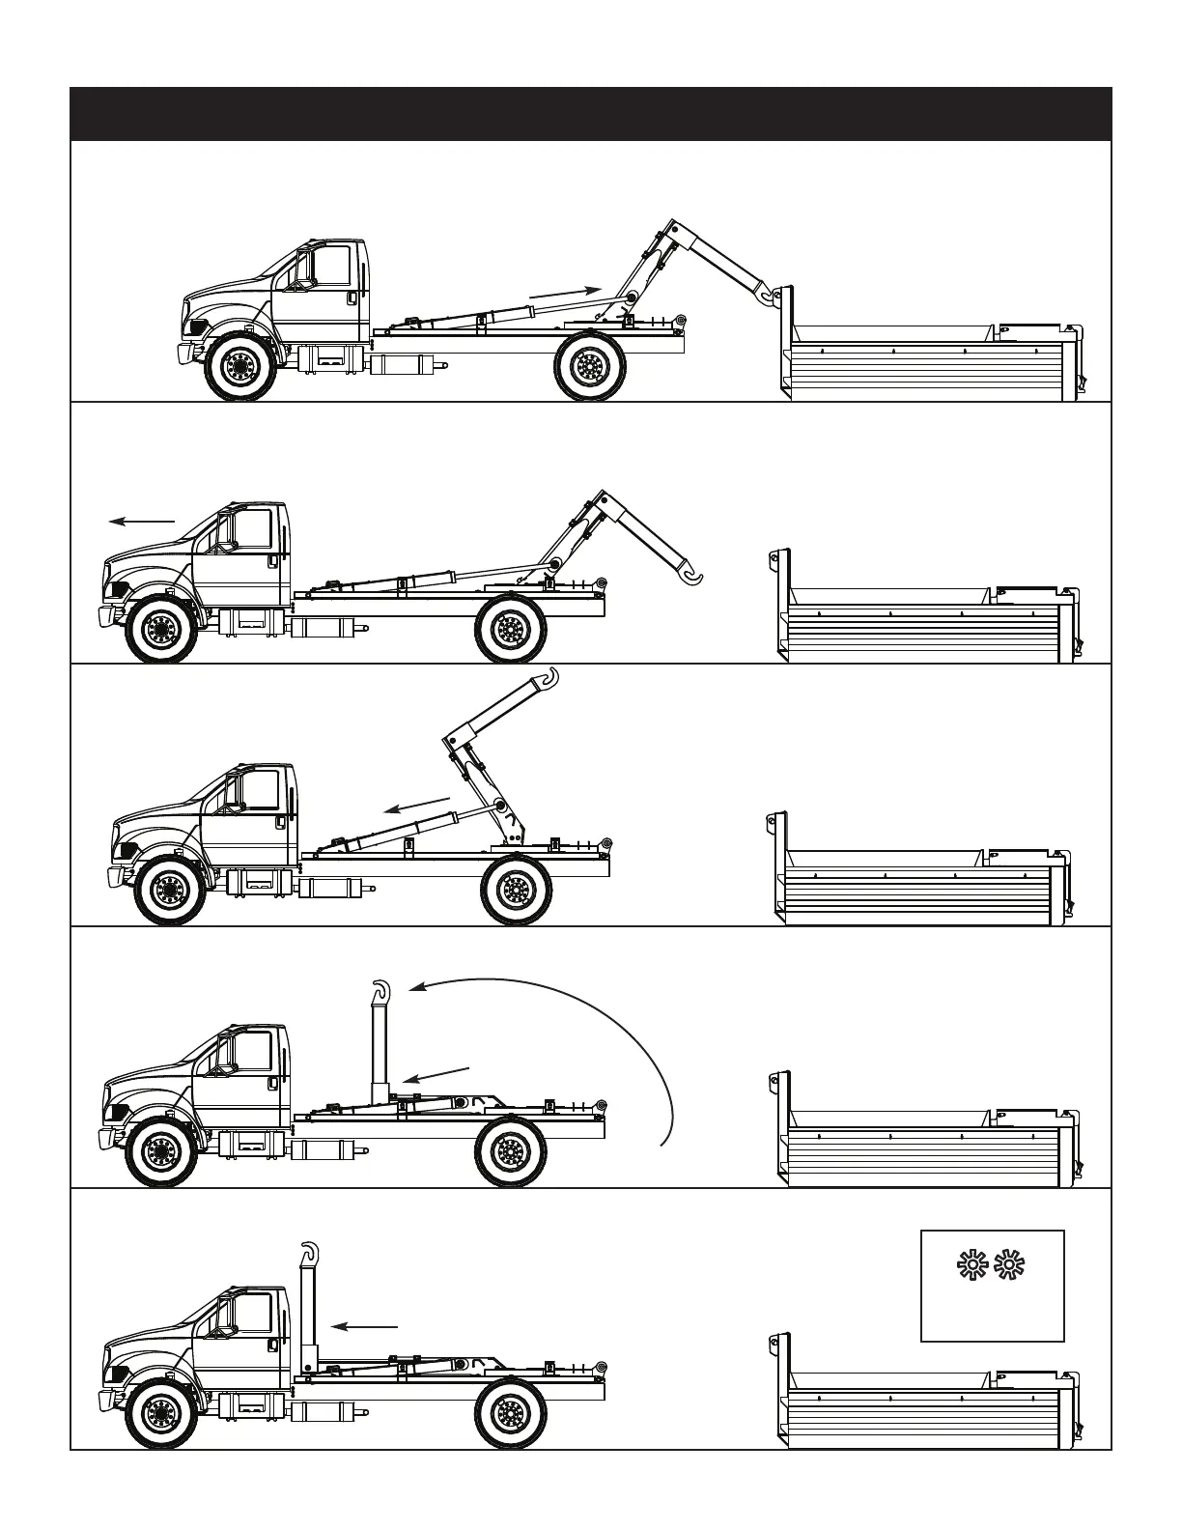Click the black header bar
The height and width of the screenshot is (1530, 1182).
coord(590,114)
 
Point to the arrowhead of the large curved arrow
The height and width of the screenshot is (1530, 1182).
coord(416,987)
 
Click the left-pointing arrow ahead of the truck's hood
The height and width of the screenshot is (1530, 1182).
coord(141,522)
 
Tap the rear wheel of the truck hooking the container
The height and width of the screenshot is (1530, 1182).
coord(588,365)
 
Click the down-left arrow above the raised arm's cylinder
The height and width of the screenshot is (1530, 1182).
coord(417,806)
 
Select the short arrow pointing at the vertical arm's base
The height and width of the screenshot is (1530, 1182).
coord(435,1075)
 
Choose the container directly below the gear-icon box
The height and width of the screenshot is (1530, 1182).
coord(927,1401)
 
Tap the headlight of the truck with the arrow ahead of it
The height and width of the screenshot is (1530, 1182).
coord(120,590)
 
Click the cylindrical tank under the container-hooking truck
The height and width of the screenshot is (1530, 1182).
coord(399,365)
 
